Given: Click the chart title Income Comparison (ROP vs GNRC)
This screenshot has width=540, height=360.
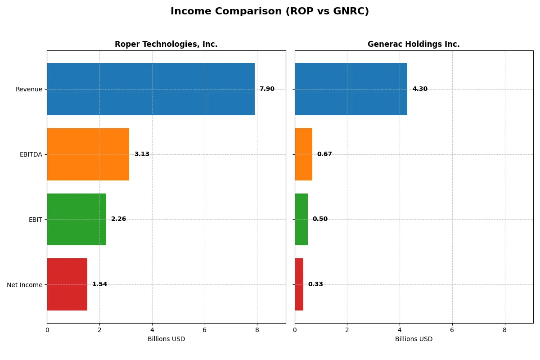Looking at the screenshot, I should click(x=270, y=12).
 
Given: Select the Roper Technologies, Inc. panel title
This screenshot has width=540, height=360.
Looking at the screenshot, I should click(x=166, y=44).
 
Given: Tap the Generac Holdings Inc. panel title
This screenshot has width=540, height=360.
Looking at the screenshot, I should click(x=414, y=44).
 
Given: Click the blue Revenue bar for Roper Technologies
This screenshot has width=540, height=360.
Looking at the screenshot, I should click(x=151, y=89).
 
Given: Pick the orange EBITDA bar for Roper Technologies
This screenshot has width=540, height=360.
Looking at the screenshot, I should click(x=88, y=154).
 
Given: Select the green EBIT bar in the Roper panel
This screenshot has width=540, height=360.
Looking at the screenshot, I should click(x=76, y=219).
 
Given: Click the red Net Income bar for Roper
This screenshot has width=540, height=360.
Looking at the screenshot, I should click(x=67, y=284).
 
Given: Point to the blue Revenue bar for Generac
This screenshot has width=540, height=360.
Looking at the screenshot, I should click(x=351, y=89).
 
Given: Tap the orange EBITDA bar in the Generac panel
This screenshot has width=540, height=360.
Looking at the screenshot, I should click(x=303, y=154).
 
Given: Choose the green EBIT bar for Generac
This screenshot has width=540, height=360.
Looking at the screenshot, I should click(x=301, y=219).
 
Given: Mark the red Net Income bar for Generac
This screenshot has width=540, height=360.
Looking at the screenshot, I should click(x=299, y=284).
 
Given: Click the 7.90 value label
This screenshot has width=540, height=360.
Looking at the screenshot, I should click(x=267, y=89).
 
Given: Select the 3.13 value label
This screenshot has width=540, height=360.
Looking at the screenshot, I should click(x=142, y=154).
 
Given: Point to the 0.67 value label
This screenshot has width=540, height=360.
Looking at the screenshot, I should click(x=324, y=154).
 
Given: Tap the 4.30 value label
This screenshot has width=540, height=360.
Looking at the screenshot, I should click(x=420, y=89).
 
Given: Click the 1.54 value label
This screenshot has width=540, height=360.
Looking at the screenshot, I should click(x=99, y=284).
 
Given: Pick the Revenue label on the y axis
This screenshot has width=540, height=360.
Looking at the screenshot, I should click(x=29, y=89).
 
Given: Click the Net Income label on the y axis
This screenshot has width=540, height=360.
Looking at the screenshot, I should click(x=25, y=284).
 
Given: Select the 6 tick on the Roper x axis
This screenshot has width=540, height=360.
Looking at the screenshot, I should click(x=205, y=330).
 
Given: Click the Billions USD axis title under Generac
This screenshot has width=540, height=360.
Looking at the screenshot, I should click(x=414, y=339).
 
